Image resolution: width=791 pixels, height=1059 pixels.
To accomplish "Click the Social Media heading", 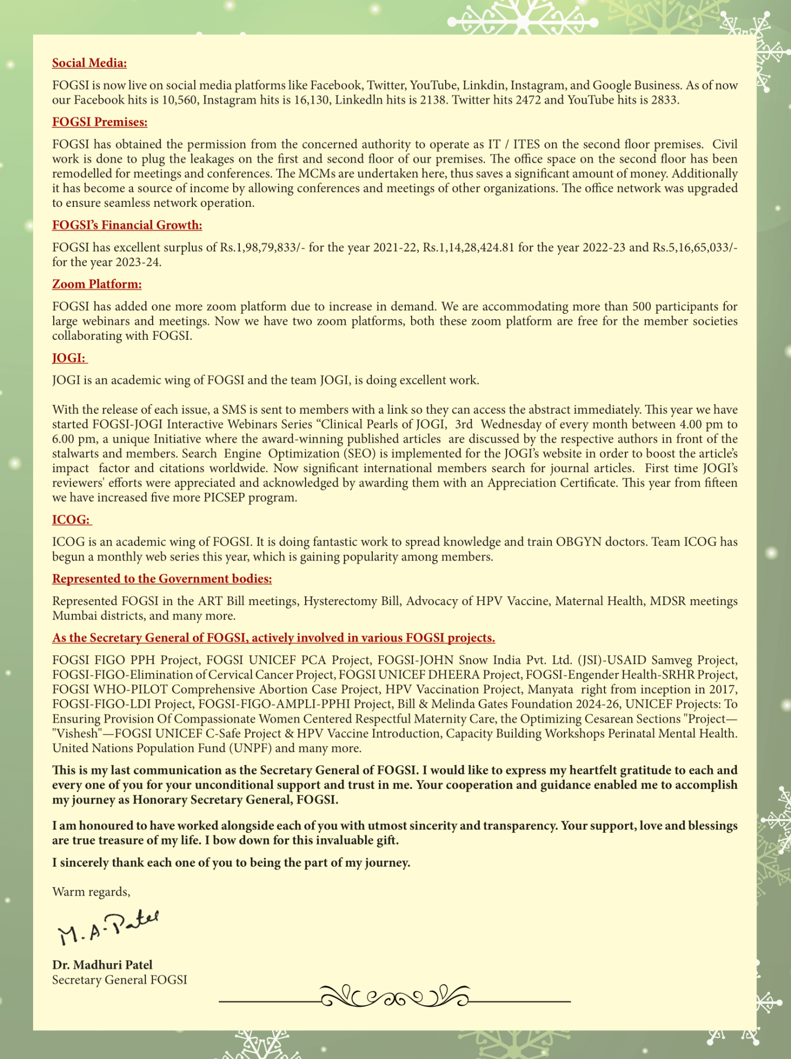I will point(89,63).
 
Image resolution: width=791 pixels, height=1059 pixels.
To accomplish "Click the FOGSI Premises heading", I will point(100,122).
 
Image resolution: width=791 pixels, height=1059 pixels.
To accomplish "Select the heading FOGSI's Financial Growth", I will point(127,225).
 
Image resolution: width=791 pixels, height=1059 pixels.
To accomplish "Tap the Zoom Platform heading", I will point(97,284).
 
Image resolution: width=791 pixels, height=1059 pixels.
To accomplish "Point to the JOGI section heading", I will point(69,358).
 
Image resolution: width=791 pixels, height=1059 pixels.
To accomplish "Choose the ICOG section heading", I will point(71,520).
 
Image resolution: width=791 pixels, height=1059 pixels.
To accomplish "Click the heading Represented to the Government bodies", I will point(162,579).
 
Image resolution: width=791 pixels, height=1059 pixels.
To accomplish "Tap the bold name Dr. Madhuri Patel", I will point(102,965).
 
